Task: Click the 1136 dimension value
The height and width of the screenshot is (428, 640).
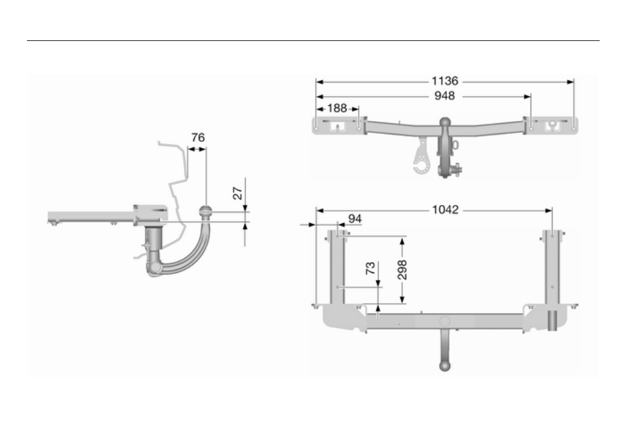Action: [x=445, y=81]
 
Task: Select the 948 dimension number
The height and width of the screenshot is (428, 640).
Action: [x=445, y=95]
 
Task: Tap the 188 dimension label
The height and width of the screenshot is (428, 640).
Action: [x=337, y=108]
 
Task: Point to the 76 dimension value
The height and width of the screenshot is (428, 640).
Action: [x=198, y=138]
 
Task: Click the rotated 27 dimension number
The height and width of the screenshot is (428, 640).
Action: [x=238, y=193]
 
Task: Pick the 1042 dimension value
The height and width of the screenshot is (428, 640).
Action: [x=445, y=210]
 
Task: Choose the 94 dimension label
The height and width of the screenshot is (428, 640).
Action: [x=355, y=219]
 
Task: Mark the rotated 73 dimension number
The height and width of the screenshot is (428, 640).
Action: [x=370, y=268]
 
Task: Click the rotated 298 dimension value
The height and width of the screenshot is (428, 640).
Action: [x=402, y=269]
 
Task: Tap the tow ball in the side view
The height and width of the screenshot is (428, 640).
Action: [x=205, y=212]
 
